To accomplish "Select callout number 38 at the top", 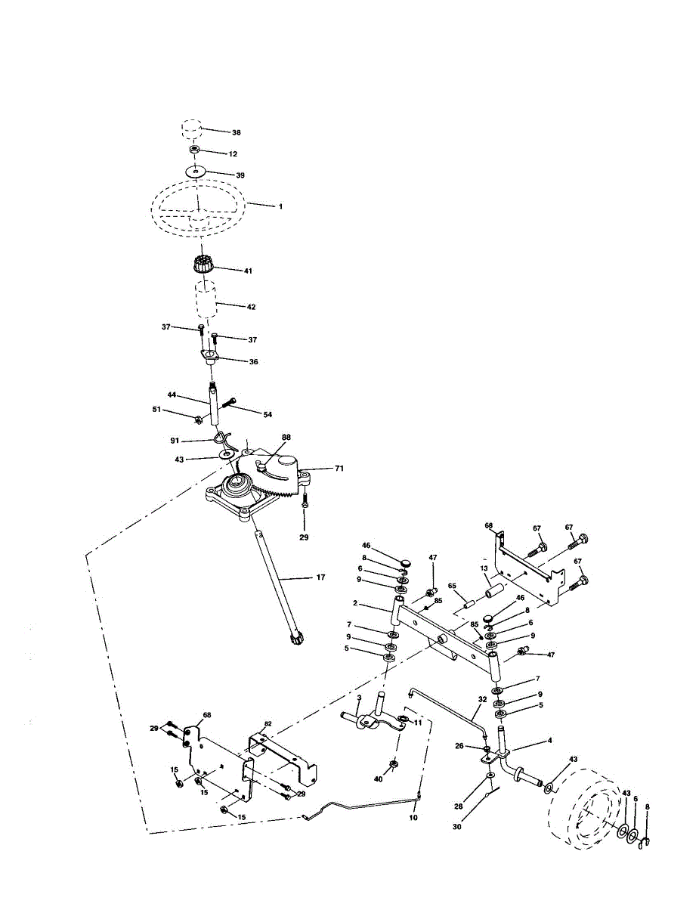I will [x=237, y=132].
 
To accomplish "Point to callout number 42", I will [x=251, y=307].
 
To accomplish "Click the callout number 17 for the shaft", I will [x=320, y=577].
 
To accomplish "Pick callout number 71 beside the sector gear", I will [x=339, y=469].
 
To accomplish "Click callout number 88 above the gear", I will [x=286, y=437].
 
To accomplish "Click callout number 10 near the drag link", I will [x=413, y=817].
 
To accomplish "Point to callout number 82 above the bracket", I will [x=268, y=723].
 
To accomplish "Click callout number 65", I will [x=452, y=586].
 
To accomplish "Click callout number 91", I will [x=174, y=439].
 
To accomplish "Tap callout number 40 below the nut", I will [x=379, y=779].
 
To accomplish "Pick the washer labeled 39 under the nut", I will [x=196, y=173].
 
